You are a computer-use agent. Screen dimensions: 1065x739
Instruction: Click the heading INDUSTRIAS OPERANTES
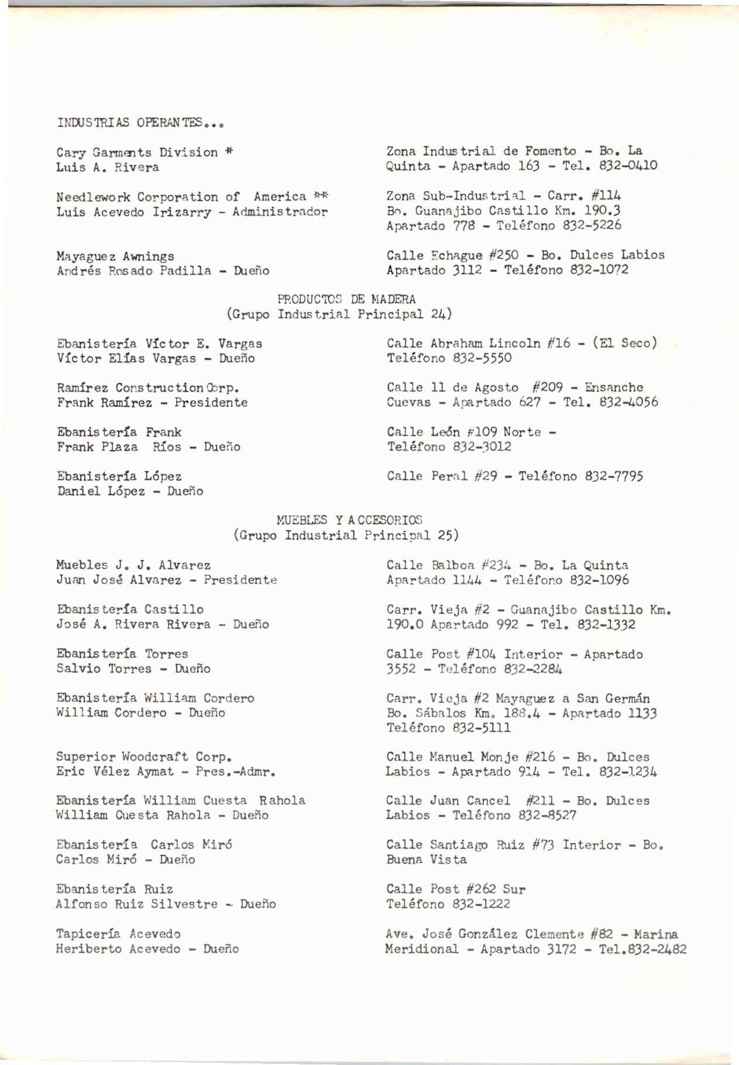pos(140,123)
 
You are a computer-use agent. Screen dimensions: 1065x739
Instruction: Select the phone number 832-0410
pos(628,166)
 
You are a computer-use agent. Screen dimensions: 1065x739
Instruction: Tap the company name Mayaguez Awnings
pos(115,256)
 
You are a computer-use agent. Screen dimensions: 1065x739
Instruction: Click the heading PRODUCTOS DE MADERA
pos(346,300)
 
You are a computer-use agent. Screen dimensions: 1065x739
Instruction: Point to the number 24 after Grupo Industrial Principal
pos(438,314)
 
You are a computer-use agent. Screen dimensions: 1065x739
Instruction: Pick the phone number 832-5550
pos(482,358)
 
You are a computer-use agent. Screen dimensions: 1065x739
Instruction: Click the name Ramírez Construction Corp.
pos(148,388)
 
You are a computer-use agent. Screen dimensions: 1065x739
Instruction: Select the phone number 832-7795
pos(614,476)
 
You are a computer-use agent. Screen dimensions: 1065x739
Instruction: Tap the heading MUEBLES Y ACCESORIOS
pos(349,520)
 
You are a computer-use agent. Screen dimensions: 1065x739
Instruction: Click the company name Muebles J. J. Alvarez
pos(133,565)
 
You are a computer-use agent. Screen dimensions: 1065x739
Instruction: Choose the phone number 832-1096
pos(600,580)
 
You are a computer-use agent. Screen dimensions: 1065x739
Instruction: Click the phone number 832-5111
pos(482,728)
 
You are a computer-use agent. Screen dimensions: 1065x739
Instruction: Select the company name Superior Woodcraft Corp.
pos(144,757)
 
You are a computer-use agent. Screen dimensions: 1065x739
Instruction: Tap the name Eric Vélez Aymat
pos(115,772)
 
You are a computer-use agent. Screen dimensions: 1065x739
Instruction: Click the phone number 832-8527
pos(546,816)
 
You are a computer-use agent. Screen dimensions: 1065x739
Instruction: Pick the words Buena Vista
pos(426,860)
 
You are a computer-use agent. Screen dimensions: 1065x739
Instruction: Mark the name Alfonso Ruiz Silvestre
pos(136,904)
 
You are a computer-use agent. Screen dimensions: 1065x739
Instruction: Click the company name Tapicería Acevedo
pos(118,934)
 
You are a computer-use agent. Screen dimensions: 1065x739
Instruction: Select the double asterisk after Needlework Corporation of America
pos(321,197)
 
